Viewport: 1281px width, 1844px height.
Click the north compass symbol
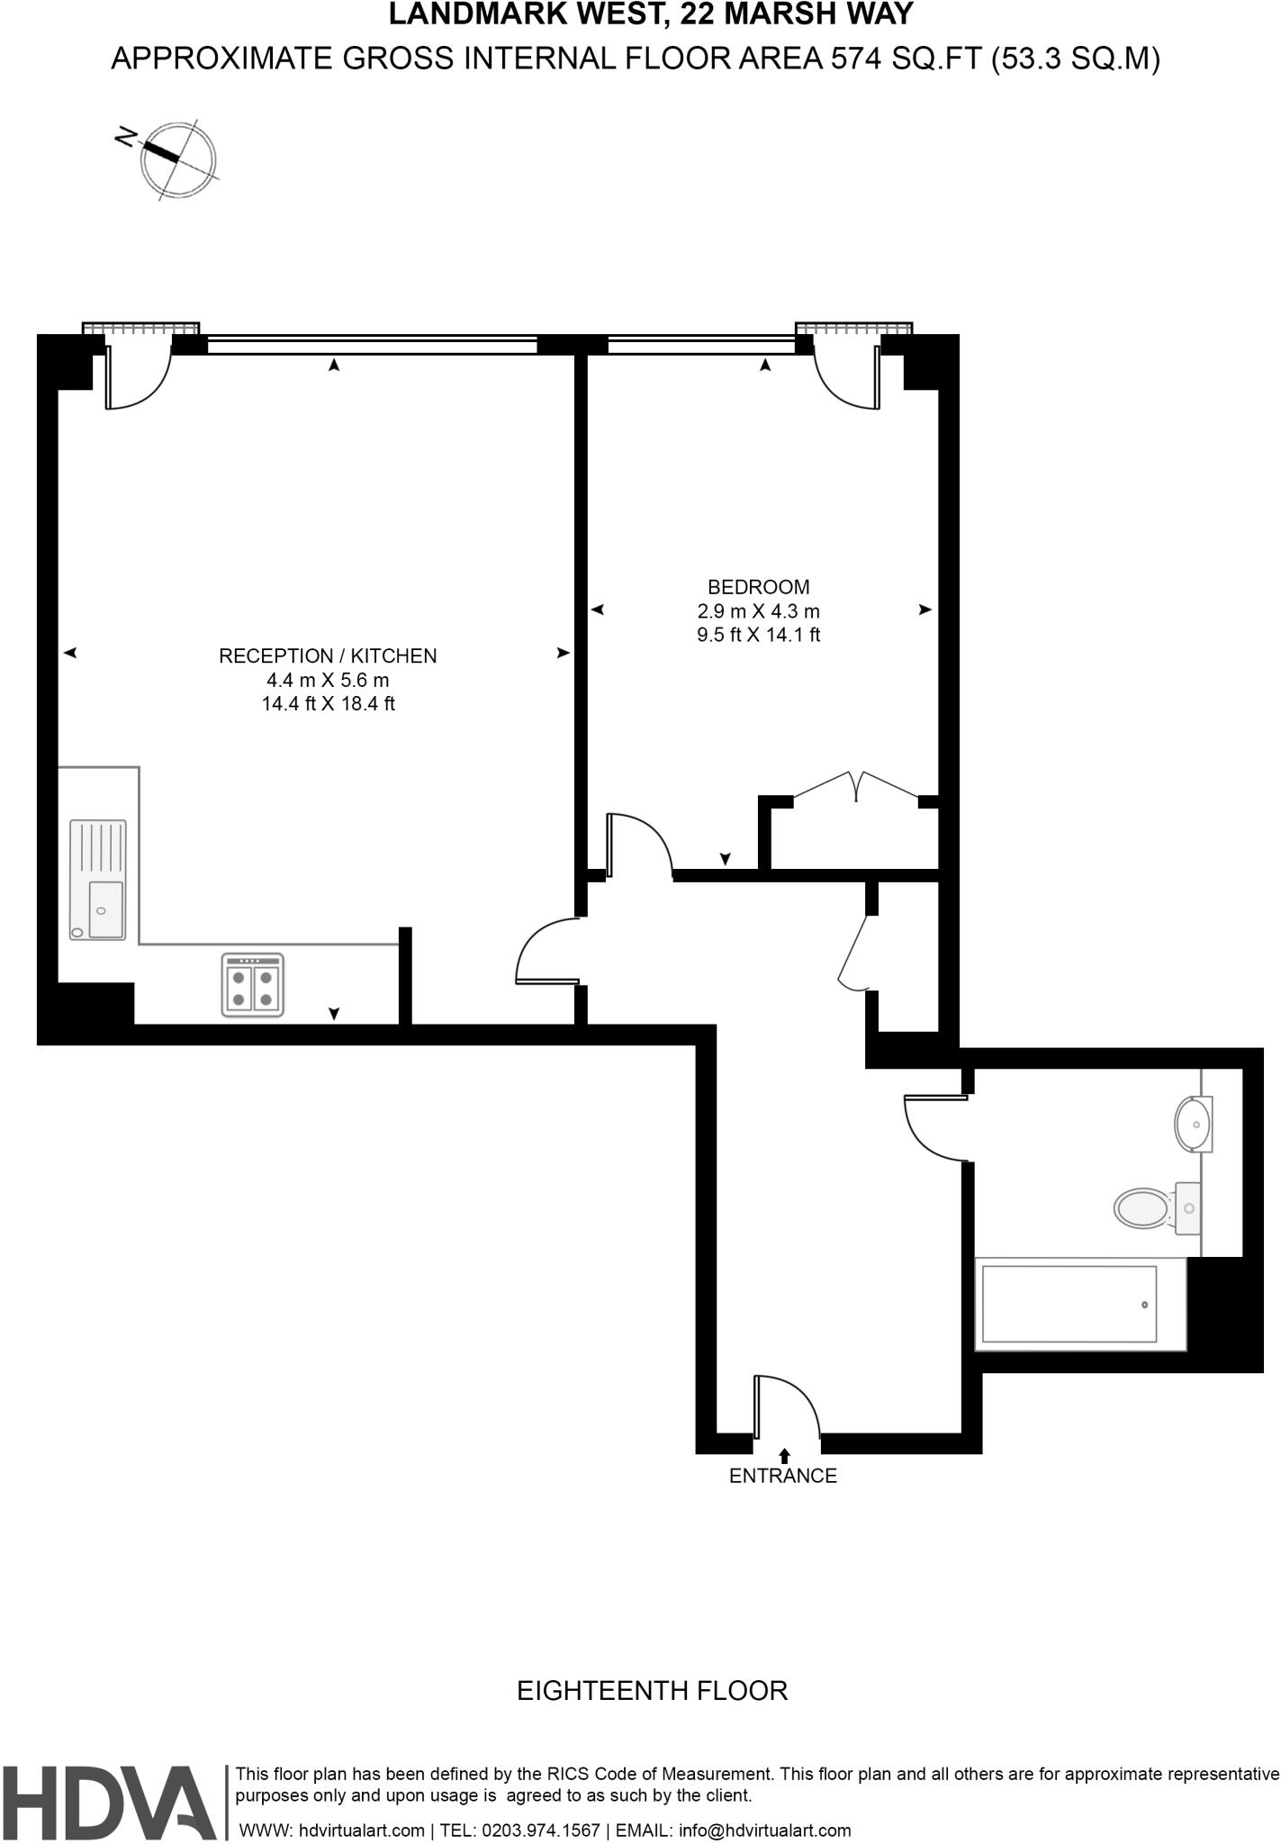(x=177, y=158)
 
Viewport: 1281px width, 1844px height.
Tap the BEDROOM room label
(x=758, y=587)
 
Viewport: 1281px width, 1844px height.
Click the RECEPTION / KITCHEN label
(x=328, y=655)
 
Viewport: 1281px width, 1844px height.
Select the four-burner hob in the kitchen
(x=253, y=986)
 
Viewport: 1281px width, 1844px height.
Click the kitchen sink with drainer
(x=98, y=880)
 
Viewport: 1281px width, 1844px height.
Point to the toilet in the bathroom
(x=1157, y=1207)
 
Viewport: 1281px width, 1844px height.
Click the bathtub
(x=1069, y=1304)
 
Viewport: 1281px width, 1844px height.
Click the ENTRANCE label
(x=782, y=1476)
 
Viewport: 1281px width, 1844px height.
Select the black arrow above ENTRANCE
(x=784, y=1454)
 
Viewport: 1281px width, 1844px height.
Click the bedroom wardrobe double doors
(x=855, y=785)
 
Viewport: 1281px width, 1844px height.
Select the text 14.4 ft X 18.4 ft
(x=328, y=704)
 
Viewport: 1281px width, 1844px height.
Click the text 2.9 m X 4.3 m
(x=758, y=611)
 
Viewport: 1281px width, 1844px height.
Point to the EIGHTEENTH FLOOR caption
(x=652, y=1690)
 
